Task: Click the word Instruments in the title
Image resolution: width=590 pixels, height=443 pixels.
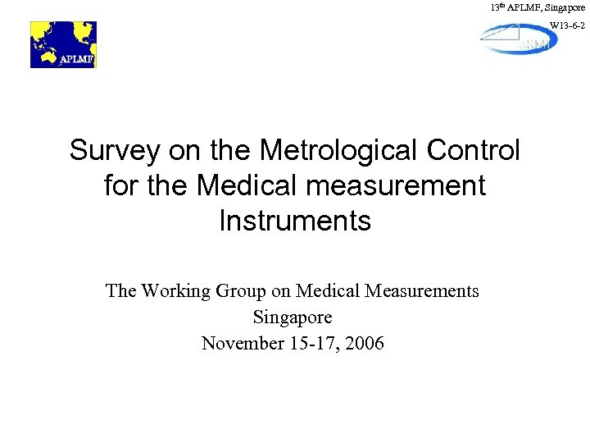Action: tap(295, 221)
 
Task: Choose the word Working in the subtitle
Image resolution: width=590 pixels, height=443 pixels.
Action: tap(175, 290)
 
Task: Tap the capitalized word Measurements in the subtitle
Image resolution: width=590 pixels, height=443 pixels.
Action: tap(422, 290)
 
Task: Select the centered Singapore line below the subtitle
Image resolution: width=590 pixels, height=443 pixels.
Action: tap(293, 317)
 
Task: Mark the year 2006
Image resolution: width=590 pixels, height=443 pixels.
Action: tap(365, 343)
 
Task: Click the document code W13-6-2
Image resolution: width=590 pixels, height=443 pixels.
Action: tap(567, 26)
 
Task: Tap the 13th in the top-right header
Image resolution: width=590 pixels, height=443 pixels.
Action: tap(497, 7)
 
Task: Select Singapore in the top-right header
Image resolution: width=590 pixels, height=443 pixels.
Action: tap(564, 7)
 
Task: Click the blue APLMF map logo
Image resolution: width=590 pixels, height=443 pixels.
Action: tap(63, 44)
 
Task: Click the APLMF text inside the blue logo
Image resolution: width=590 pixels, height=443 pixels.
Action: tap(75, 59)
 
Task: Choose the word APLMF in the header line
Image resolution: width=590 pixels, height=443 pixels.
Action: tap(523, 7)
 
